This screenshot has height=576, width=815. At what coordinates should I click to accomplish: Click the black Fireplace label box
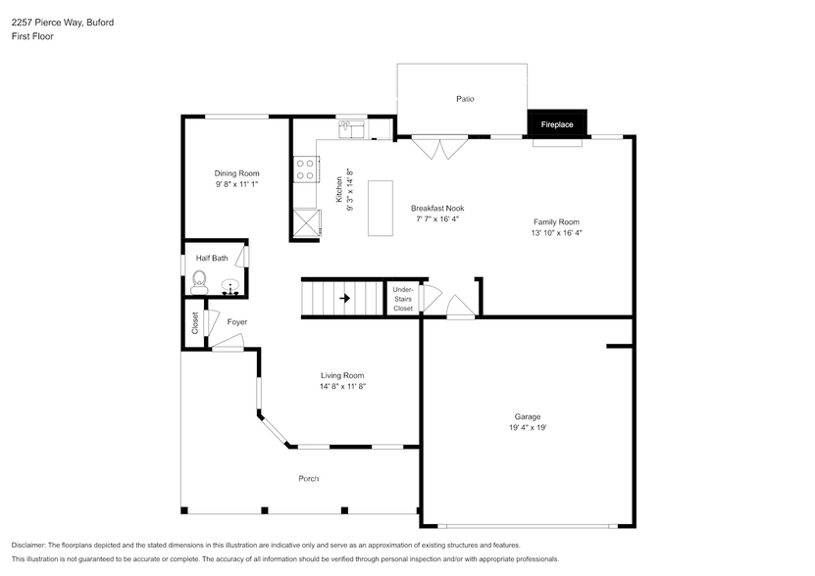557,124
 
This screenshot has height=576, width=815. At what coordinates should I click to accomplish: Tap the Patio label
464,99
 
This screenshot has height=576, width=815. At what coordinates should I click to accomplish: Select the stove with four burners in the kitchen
304,169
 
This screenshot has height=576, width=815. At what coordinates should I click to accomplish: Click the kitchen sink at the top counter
352,127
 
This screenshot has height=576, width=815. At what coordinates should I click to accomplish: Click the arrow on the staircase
344,298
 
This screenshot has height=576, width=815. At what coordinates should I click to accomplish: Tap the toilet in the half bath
199,282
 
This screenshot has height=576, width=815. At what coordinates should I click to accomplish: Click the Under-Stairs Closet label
402,299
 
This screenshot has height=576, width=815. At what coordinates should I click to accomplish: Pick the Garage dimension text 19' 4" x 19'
527,428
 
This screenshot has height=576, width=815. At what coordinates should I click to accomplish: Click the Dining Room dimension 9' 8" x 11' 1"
236,184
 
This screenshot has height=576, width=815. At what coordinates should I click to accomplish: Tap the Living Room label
341,375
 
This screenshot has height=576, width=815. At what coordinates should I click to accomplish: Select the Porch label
308,478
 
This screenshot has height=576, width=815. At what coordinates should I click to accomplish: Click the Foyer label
236,321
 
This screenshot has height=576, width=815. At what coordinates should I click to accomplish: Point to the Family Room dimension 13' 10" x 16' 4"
556,233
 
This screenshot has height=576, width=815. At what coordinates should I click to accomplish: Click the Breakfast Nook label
436,208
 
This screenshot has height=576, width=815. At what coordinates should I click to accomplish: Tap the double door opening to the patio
439,147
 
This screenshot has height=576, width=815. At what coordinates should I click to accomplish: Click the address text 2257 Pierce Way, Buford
62,22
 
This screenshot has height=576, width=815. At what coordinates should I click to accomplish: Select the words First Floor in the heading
32,36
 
